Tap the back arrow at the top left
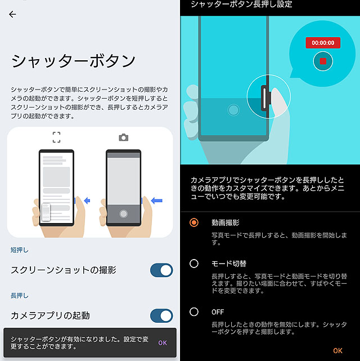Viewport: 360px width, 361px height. click(12, 14)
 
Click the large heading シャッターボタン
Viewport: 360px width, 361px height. click(73, 61)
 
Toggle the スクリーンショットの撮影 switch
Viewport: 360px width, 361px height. click(161, 270)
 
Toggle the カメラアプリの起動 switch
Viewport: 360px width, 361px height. click(161, 315)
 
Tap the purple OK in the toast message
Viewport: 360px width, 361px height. click(163, 343)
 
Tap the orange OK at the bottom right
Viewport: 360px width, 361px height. click(337, 351)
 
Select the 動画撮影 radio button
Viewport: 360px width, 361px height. click(194, 222)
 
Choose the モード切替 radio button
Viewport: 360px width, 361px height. click(194, 264)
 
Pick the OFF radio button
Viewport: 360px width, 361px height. click(194, 312)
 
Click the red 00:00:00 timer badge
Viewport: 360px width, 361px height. click(323, 43)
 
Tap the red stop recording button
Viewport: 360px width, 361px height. click(323, 61)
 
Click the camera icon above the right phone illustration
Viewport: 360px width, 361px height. click(123, 137)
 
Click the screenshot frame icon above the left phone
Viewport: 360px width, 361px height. click(56, 137)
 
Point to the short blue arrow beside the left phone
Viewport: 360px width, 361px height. click(87, 200)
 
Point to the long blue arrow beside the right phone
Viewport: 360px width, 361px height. click(157, 200)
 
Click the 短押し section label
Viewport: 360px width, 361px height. click(20, 250)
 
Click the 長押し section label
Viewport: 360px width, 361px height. click(20, 295)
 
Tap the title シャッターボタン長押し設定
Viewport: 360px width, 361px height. click(241, 4)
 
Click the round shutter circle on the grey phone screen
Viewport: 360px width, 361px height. click(123, 213)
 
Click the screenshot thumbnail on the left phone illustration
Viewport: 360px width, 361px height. click(46, 212)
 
